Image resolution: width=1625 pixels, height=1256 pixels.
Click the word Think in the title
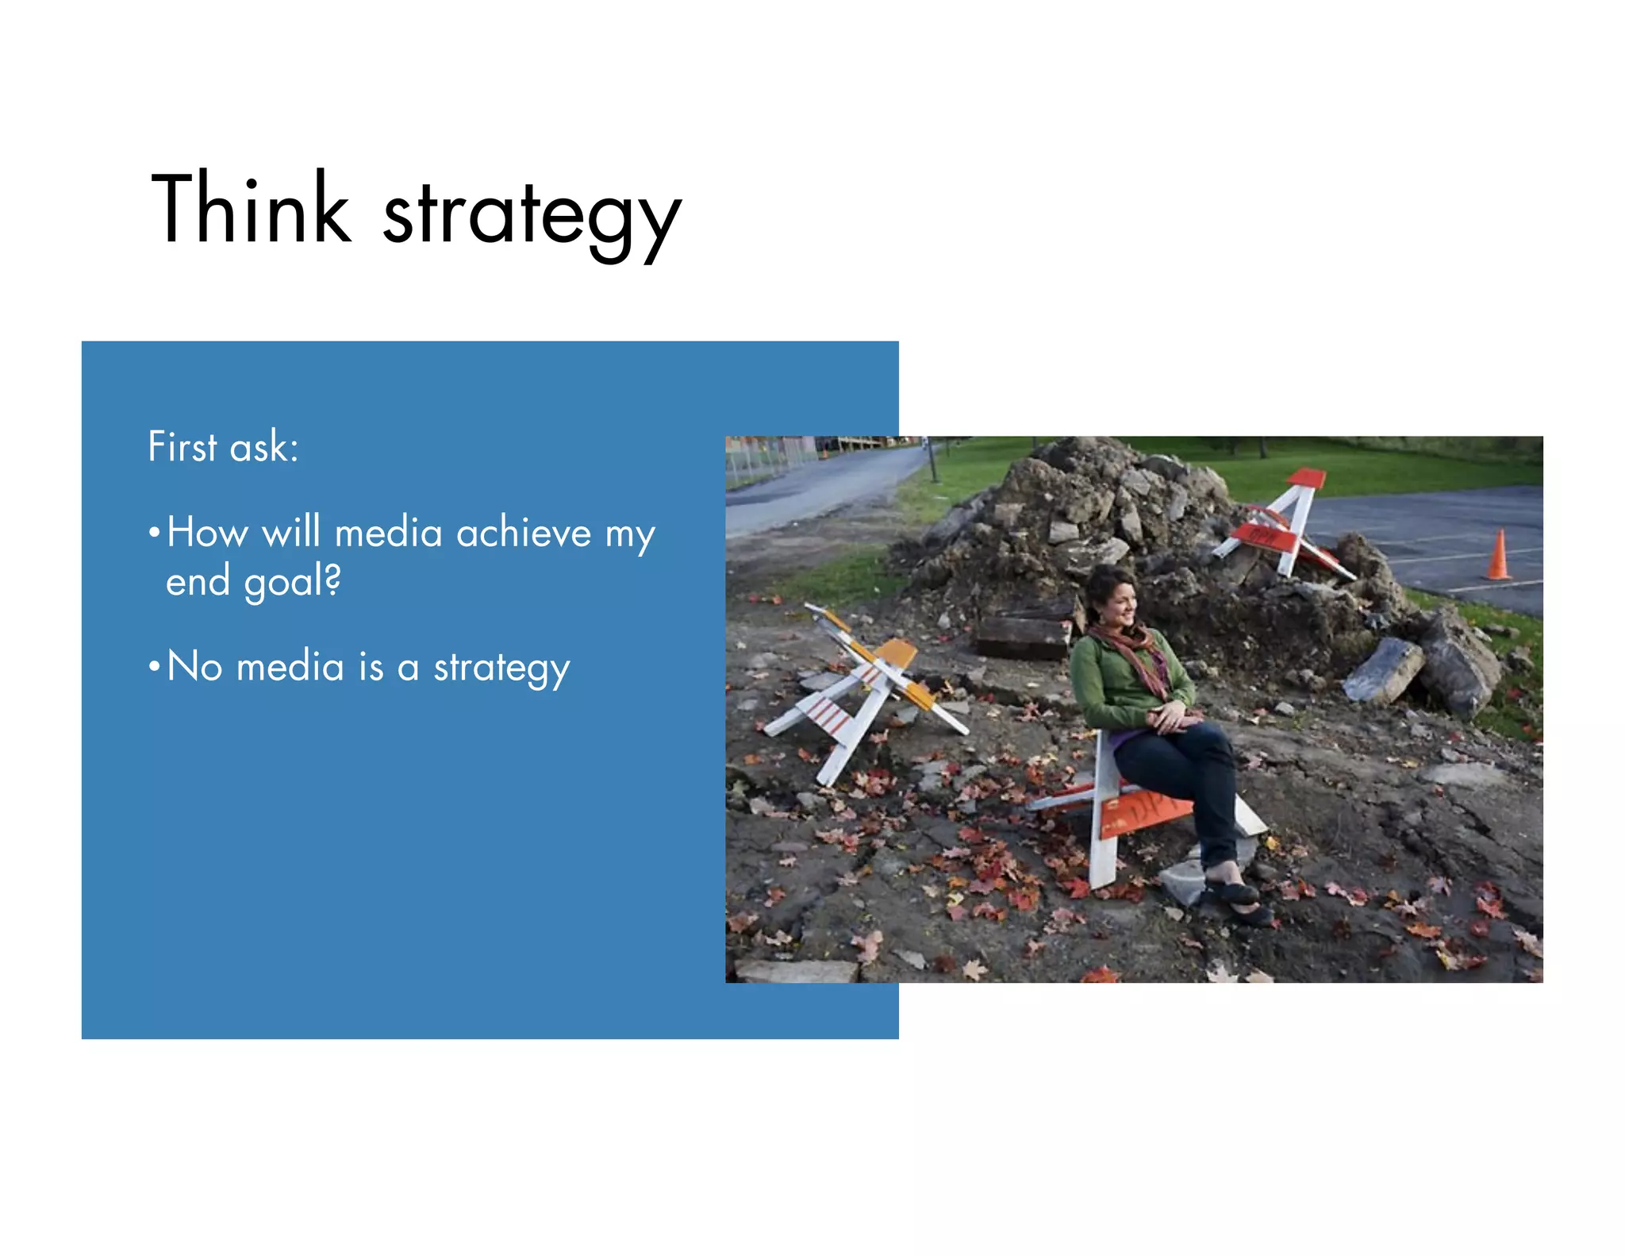(x=250, y=208)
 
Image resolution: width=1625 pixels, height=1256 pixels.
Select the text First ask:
(x=223, y=446)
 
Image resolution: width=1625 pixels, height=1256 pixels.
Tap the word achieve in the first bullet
(x=524, y=532)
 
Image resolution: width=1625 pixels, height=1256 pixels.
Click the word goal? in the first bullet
(x=292, y=582)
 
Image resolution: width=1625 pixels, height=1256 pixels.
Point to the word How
(x=207, y=532)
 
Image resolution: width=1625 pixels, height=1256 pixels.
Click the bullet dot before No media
(x=154, y=665)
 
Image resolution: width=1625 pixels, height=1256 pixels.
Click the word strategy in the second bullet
(x=501, y=668)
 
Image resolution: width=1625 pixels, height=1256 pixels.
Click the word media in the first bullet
(x=388, y=532)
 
